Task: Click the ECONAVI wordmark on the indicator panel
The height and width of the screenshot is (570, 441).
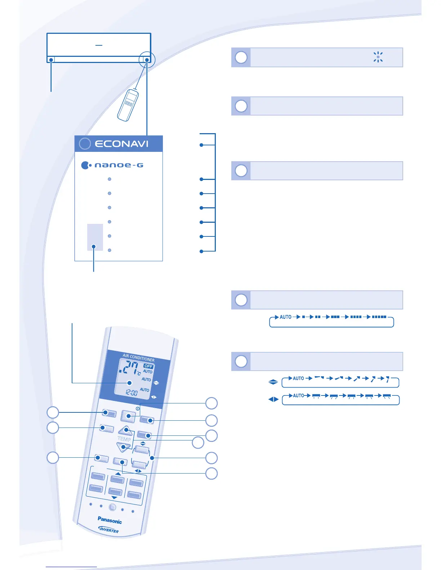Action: click(121, 144)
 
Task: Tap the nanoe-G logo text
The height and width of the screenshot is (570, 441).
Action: click(119, 165)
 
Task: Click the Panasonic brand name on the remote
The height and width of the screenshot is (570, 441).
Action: click(110, 520)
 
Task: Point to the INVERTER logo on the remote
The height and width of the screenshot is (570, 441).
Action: click(108, 529)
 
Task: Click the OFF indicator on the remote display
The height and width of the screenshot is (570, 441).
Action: click(148, 366)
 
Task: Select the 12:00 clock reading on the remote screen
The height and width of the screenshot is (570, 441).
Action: click(132, 392)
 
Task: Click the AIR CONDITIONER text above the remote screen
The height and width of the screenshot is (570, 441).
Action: click(138, 357)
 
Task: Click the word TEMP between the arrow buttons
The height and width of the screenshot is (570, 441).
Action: click(124, 439)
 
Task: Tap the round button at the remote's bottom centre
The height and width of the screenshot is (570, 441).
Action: click(112, 507)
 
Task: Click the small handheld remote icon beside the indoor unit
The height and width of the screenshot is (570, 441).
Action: click(128, 105)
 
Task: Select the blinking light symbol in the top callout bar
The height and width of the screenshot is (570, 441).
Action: click(378, 57)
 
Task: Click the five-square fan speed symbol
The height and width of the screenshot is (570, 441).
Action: click(379, 317)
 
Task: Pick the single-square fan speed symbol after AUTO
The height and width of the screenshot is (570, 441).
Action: click(303, 317)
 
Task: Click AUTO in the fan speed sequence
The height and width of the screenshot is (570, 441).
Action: click(285, 317)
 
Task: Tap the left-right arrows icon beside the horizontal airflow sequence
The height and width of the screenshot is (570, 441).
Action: click(273, 399)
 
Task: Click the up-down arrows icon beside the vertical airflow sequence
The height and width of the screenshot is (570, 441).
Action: click(273, 382)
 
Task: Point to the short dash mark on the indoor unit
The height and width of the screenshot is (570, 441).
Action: click(99, 45)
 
